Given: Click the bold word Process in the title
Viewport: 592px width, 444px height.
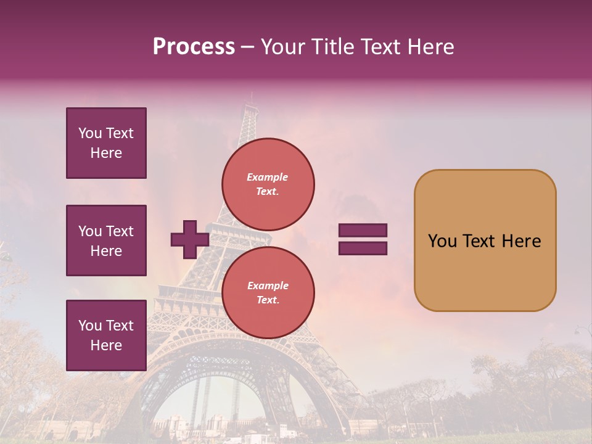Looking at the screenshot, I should coord(194,47).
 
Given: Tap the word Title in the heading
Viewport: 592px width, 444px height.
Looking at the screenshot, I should coord(332,47).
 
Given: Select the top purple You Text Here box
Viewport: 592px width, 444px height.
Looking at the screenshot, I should coord(106,143).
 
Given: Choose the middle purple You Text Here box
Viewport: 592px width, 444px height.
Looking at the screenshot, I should coord(106,240).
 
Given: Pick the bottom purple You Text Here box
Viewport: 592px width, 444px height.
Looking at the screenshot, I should coord(106,335).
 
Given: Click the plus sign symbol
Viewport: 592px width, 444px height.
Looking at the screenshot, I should coord(190,239).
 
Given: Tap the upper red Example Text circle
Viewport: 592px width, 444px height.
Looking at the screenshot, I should coord(268,184).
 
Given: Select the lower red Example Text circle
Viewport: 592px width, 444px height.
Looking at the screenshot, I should coord(268,292).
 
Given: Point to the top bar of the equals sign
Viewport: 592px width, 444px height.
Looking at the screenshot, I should coord(363,231).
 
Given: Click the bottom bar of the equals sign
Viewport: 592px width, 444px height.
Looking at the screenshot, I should coord(363,248).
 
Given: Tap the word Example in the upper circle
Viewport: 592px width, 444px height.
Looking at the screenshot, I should coord(267,177).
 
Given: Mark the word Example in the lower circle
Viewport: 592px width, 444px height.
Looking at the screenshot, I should coord(267,286).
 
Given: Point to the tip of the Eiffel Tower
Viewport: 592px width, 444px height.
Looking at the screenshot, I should coord(251,94).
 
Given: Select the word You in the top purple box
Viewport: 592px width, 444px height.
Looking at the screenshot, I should coord(89,133).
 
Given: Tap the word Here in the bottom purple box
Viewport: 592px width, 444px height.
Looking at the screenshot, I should coord(106,345).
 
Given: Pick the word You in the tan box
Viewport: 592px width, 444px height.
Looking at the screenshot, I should coord(442,241).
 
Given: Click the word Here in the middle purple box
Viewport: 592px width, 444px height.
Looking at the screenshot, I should coord(106,251).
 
